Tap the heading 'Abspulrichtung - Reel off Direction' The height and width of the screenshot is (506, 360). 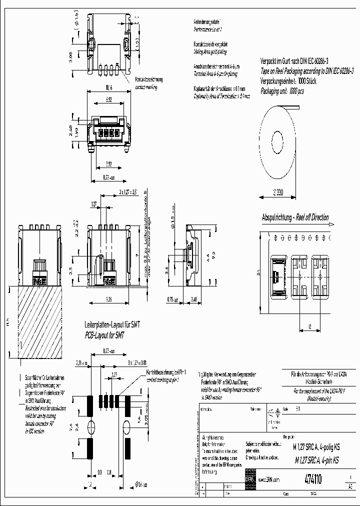coord(295,217)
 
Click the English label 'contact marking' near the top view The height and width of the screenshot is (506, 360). coord(145,86)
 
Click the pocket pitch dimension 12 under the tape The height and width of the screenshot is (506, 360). coord(310,326)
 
